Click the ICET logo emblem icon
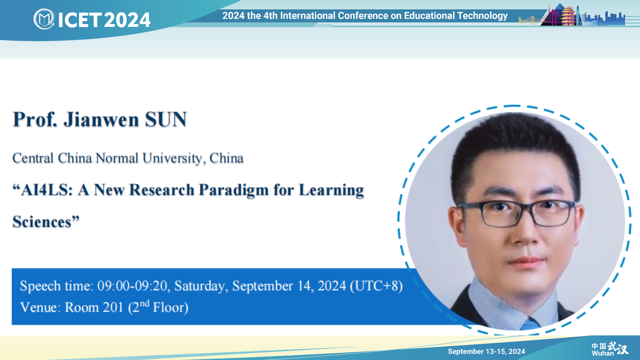[x=44, y=19]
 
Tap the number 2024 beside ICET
[x=127, y=20]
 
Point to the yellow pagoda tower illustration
[x=568, y=15]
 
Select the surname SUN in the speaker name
[x=166, y=119]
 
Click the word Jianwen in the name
[x=101, y=119]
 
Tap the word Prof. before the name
[x=35, y=119]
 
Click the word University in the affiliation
[x=172, y=158]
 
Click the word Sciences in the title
[x=42, y=222]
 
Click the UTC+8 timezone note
[x=376, y=286]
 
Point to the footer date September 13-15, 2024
[x=486, y=352]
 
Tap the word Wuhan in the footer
[x=602, y=353]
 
